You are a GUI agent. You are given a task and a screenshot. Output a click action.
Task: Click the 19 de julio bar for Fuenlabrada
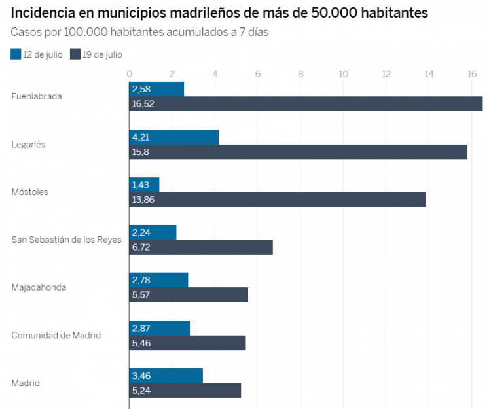coord(306,103)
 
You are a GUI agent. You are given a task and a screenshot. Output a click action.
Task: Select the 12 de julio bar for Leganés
coord(173,137)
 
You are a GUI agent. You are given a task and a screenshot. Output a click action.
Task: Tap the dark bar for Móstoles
coord(277,200)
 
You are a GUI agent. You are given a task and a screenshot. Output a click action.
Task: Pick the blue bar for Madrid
coord(166,376)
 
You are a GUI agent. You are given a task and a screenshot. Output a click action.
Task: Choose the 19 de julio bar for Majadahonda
coord(189,294)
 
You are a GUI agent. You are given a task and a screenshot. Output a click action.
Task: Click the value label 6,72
coord(143,247)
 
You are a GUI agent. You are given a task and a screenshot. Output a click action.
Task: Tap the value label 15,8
coord(141,152)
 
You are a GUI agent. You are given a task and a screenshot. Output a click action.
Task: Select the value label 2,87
coord(142,328)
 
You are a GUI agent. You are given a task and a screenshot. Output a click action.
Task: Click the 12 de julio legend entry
coord(37,54)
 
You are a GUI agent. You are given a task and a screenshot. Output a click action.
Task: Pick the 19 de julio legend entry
coord(96,54)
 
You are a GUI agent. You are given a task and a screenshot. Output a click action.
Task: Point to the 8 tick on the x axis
coord(300,73)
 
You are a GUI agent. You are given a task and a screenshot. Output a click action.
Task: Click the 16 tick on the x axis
coord(471,73)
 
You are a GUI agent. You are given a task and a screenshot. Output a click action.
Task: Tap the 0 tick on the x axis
coord(130,73)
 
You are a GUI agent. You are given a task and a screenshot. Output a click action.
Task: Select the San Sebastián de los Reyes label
coord(66,240)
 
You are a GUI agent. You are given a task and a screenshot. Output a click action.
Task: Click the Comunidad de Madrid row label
coord(56,335)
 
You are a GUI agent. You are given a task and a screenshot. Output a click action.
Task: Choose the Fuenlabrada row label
coord(37,96)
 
